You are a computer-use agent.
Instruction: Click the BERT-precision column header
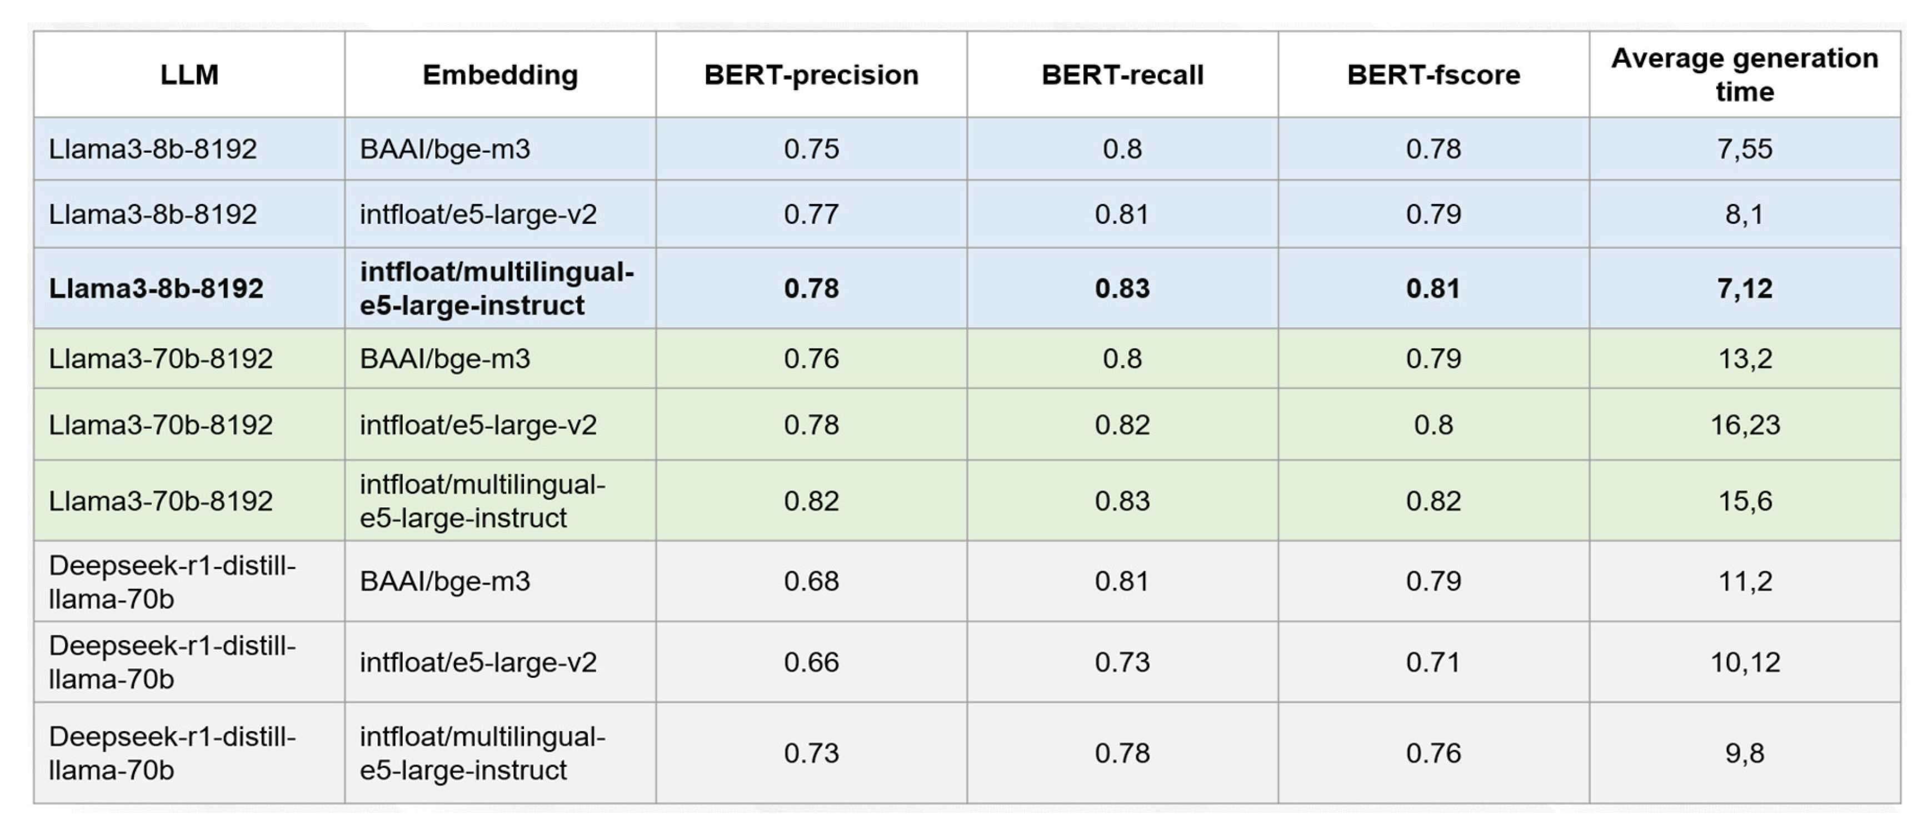point(811,75)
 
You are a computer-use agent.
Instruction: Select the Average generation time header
point(1745,75)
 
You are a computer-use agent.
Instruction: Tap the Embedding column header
point(500,75)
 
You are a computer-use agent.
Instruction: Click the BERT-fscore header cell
point(1433,75)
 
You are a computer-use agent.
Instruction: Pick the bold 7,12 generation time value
point(1745,288)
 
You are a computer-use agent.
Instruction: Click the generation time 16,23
point(1745,425)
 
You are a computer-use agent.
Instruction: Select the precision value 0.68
point(811,581)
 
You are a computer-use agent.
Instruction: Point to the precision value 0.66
point(811,662)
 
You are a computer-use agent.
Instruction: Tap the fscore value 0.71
point(1433,662)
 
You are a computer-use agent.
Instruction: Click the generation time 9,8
point(1745,752)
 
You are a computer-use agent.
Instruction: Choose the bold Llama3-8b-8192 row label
point(156,288)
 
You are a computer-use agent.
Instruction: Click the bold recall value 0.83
point(1122,288)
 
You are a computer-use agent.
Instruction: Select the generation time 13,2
point(1745,358)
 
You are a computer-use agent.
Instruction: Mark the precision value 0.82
point(811,500)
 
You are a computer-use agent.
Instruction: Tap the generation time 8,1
point(1745,214)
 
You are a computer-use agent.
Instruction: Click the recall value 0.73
point(1122,662)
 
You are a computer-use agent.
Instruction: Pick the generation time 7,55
point(1745,149)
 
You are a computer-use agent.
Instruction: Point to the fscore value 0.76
point(1433,752)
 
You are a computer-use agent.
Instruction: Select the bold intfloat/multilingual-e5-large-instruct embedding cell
point(496,288)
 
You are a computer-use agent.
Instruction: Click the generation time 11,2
point(1745,581)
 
